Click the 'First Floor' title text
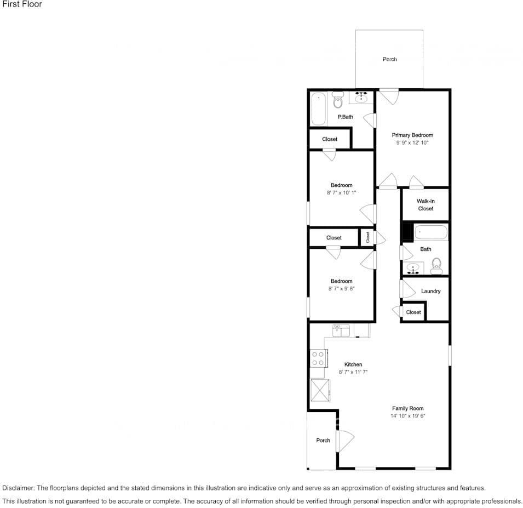pyautogui.click(x=21, y=4)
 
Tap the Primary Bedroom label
pyautogui.click(x=412, y=135)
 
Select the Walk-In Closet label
pyautogui.click(x=425, y=205)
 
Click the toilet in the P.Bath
pyautogui.click(x=337, y=101)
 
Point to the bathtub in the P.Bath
pyautogui.click(x=318, y=109)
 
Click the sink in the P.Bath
pyautogui.click(x=361, y=98)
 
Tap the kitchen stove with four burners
pyautogui.click(x=318, y=359)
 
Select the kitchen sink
pyautogui.click(x=341, y=330)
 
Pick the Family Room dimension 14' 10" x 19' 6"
pyautogui.click(x=408, y=416)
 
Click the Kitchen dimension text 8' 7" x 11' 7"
pyautogui.click(x=353, y=372)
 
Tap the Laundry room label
pyautogui.click(x=430, y=291)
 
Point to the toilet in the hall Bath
pyautogui.click(x=436, y=267)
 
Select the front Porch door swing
pyautogui.click(x=346, y=440)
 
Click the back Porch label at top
pyautogui.click(x=389, y=59)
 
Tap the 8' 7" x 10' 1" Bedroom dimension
pyautogui.click(x=341, y=193)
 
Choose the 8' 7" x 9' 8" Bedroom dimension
pyautogui.click(x=341, y=289)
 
